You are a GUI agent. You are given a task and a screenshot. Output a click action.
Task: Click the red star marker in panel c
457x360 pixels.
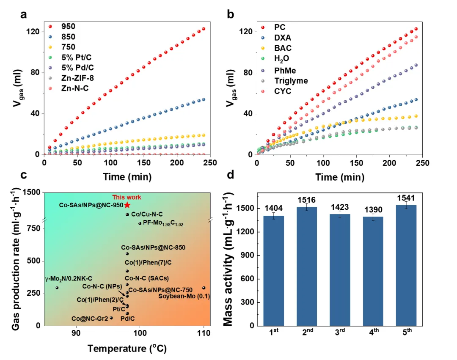127,205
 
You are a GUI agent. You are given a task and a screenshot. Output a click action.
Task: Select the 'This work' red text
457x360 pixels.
127,197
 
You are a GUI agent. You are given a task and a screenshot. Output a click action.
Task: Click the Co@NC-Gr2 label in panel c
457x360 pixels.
89,319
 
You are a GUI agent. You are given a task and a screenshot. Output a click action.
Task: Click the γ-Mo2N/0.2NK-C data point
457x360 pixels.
57,288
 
